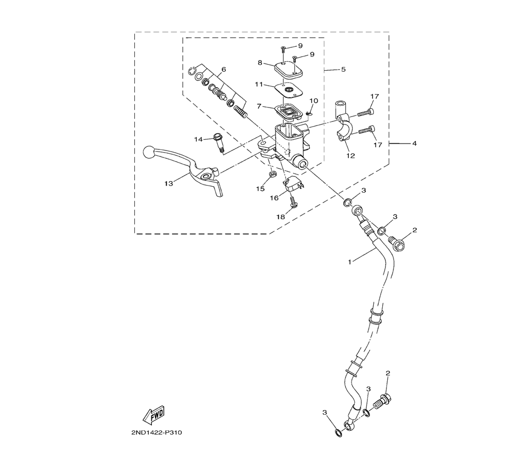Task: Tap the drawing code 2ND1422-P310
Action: tap(157, 433)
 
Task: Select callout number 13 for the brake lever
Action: tap(169, 183)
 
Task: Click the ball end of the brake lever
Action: tap(149, 152)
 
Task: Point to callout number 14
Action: tap(198, 139)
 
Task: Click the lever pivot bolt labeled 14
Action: tap(218, 144)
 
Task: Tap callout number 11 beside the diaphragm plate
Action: tap(259, 84)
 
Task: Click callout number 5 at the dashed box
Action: tap(344, 69)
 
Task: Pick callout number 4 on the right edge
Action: tap(415, 144)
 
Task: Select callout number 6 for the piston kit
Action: tap(224, 70)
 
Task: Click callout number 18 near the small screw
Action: tap(281, 216)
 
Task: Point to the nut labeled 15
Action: tap(271, 174)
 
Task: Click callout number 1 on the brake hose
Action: tap(350, 262)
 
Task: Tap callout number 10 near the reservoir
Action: tap(314, 101)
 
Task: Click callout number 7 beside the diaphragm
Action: tap(259, 106)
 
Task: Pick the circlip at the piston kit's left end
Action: tap(192, 71)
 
